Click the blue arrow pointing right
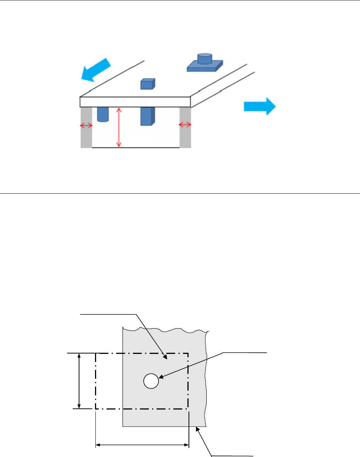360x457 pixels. [x=259, y=106]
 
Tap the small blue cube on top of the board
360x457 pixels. [x=147, y=84]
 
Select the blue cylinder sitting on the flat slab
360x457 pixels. [x=204, y=59]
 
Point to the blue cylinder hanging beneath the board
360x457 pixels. [x=102, y=114]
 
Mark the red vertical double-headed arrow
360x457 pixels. [x=119, y=127]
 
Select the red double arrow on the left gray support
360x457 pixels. [x=86, y=126]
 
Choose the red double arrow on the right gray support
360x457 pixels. [x=185, y=125]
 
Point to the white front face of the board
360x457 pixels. [x=135, y=102]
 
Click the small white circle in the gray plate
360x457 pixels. [x=151, y=381]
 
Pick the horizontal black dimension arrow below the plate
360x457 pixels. [x=142, y=444]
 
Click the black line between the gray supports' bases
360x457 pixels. [x=135, y=148]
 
